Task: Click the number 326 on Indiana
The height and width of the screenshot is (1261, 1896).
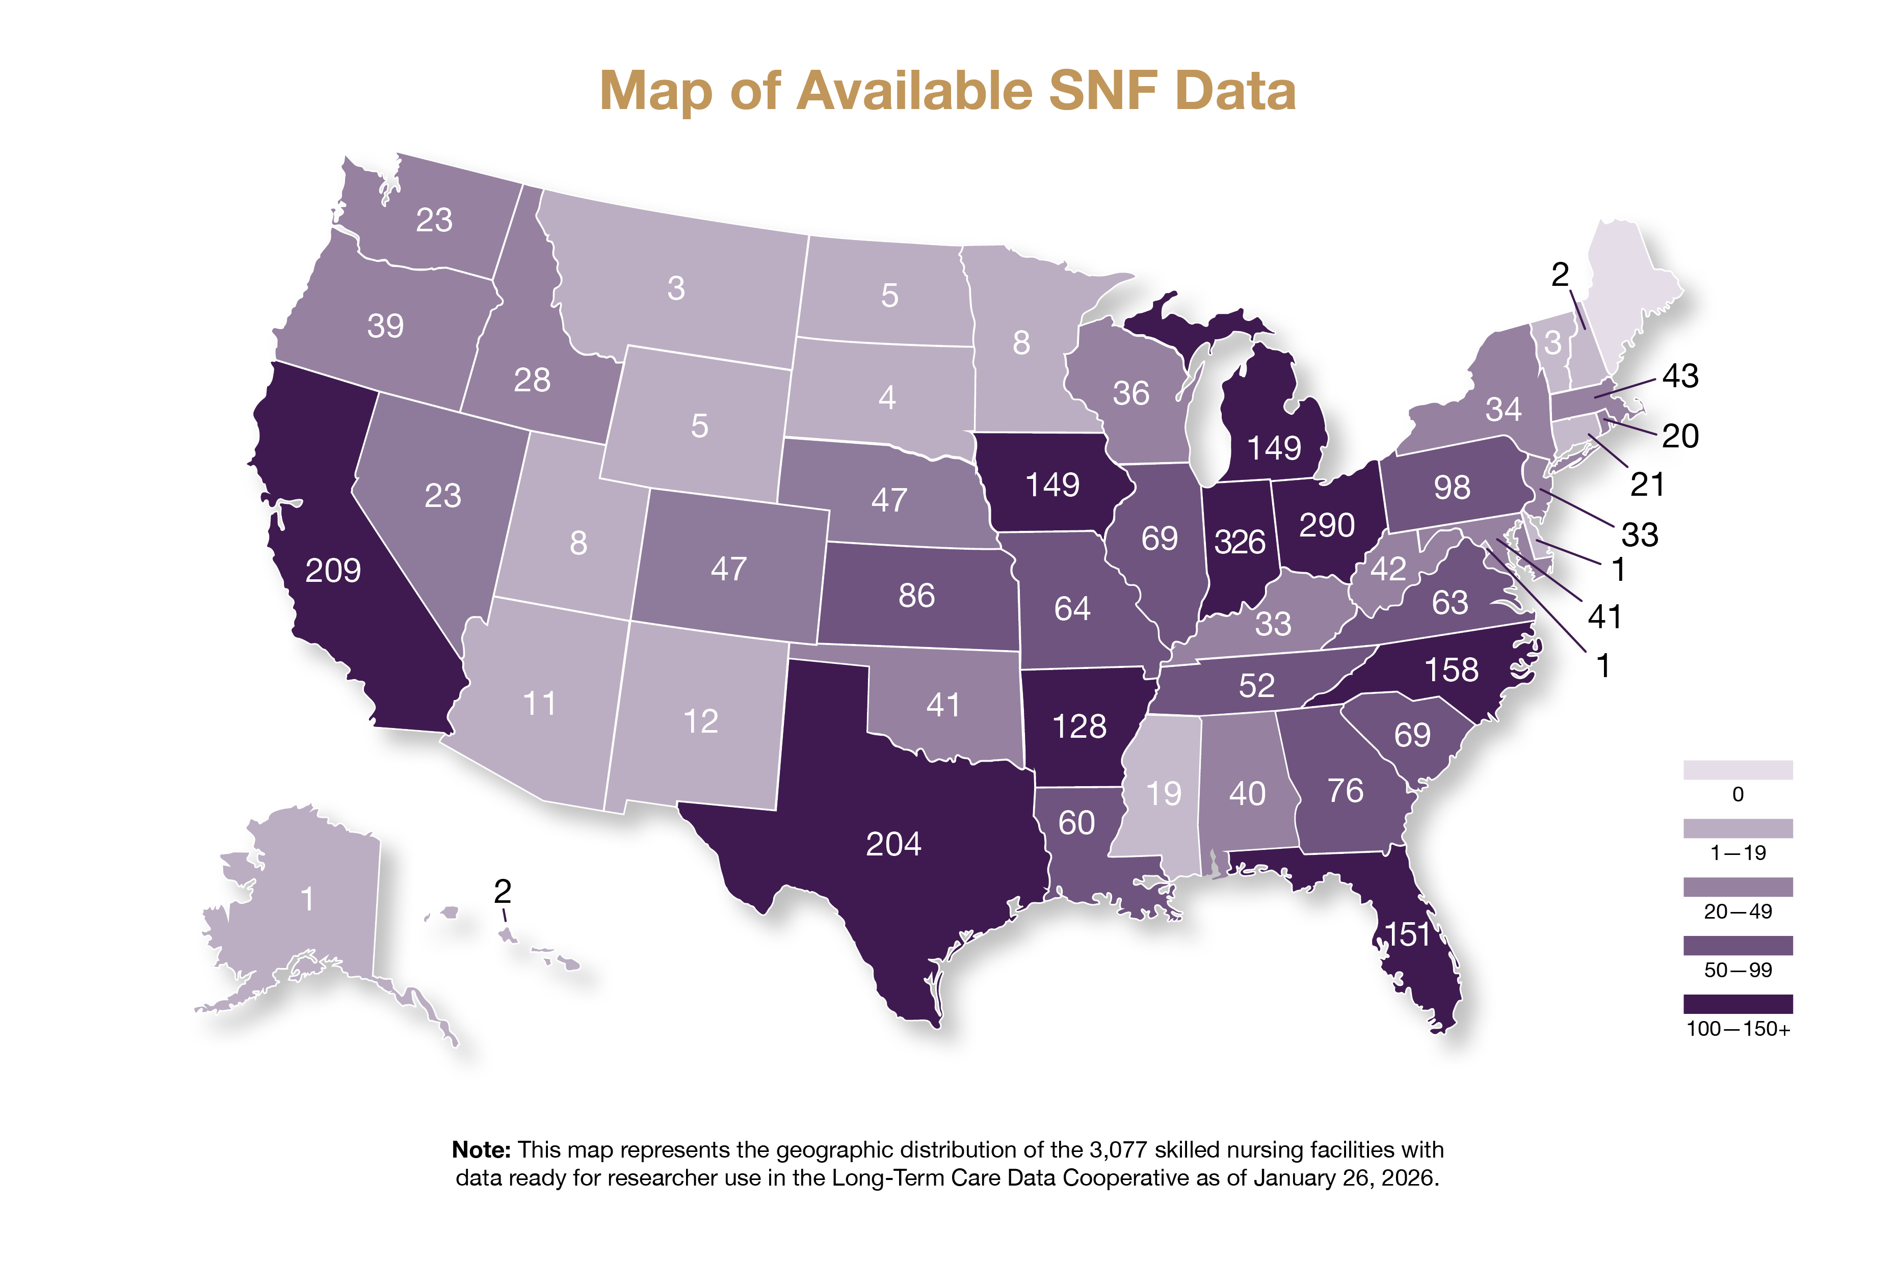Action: click(x=1239, y=542)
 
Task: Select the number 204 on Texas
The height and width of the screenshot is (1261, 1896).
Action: click(x=893, y=844)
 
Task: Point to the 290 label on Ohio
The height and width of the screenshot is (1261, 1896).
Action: click(x=1327, y=526)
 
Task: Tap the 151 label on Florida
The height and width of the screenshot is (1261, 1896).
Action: click(x=1407, y=934)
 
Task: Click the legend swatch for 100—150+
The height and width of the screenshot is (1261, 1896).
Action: click(x=1737, y=1004)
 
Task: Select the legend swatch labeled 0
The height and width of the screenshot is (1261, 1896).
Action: click(x=1737, y=770)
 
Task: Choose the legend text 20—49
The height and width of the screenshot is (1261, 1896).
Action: click(x=1737, y=911)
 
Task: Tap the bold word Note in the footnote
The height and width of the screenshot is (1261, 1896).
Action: click(x=480, y=1150)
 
